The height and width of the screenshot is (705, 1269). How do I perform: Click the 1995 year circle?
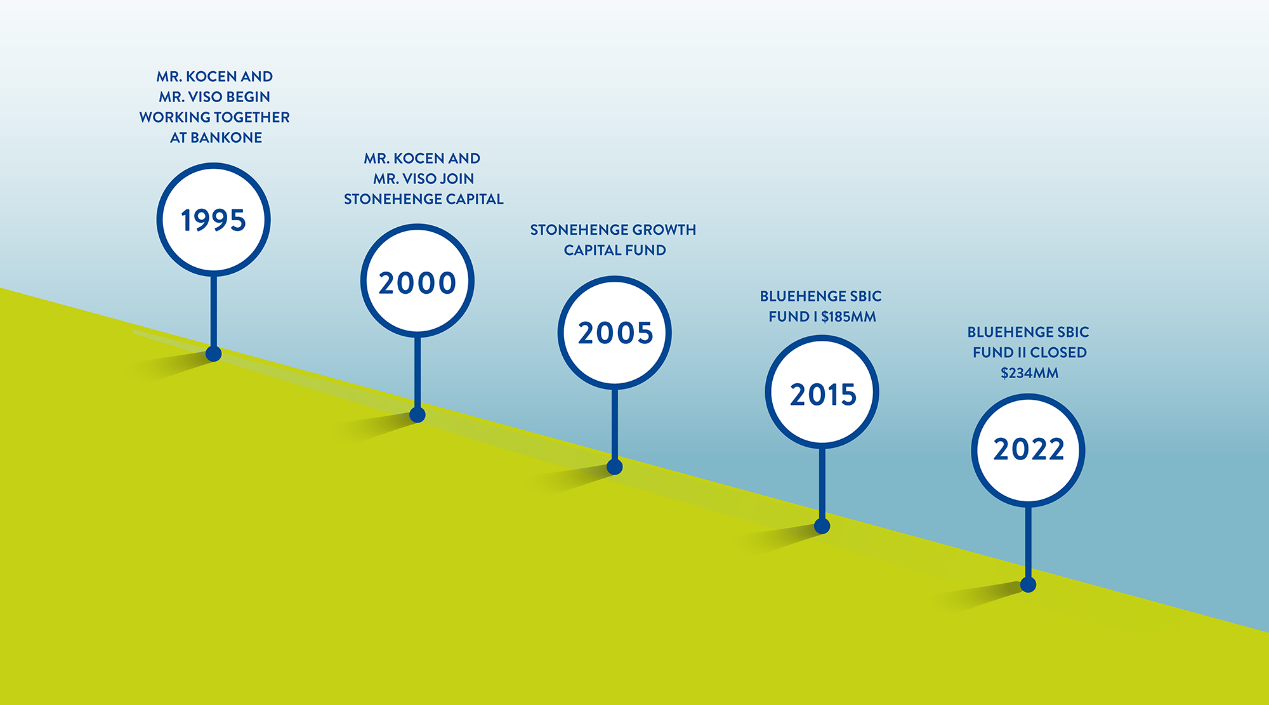point(214,220)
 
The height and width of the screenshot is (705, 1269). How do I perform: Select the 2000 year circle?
point(418,280)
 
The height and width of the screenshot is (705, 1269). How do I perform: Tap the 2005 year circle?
point(615,333)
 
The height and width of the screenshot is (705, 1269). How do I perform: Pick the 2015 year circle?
point(822,392)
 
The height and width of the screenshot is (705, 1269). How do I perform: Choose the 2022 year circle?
point(1029,451)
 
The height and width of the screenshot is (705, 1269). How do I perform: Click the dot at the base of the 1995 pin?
point(214,353)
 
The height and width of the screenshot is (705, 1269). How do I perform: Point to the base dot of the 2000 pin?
point(418,414)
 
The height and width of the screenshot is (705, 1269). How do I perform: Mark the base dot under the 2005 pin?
point(615,467)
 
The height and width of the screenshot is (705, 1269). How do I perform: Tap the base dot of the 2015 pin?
point(822,525)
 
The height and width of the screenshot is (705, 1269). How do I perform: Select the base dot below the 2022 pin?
point(1029,584)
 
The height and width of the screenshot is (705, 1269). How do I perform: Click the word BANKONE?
point(226,138)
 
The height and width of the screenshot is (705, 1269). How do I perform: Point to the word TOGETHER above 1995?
point(253,117)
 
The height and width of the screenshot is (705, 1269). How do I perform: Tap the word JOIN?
point(457,179)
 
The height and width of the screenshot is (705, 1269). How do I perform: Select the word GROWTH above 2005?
point(664,230)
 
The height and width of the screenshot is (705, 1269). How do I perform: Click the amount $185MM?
point(848,317)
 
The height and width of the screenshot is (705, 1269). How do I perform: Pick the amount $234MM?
point(1030,373)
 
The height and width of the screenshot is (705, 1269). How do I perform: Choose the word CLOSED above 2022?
point(1058,352)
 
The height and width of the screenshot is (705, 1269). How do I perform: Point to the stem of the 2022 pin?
point(1029,542)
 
